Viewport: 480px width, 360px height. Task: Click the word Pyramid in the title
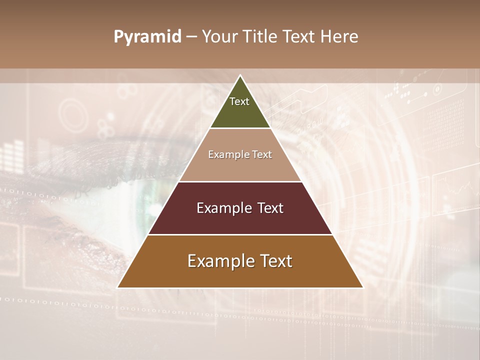pos(147,37)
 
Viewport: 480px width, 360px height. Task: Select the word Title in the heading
pos(262,37)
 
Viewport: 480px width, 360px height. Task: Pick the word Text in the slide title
pos(300,37)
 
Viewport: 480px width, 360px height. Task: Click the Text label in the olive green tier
pos(239,101)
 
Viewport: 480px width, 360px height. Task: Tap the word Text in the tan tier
pos(262,155)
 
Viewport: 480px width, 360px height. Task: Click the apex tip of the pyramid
pos(240,76)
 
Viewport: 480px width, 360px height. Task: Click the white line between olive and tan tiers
pos(240,128)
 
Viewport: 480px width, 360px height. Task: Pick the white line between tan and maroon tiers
pos(240,181)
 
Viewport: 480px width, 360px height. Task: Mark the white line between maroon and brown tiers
pos(240,234)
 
